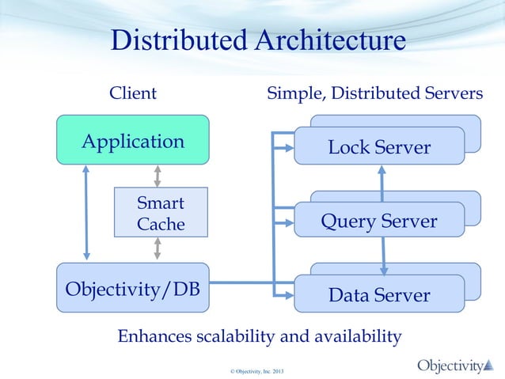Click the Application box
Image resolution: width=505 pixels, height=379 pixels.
pyautogui.click(x=132, y=142)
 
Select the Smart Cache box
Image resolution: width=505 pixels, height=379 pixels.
pyautogui.click(x=161, y=213)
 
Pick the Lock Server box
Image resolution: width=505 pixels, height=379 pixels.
pyautogui.click(x=378, y=146)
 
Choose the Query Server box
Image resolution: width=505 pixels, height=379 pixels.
pyautogui.click(x=378, y=221)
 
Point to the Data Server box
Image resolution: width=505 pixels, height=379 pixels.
pyautogui.click(x=378, y=294)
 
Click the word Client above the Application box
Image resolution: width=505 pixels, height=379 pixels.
pyautogui.click(x=132, y=93)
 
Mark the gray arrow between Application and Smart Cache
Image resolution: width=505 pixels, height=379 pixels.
pyautogui.click(x=158, y=176)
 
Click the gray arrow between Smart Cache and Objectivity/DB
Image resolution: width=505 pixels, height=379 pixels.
pyautogui.click(x=158, y=248)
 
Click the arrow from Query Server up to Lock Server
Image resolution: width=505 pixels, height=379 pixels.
pyautogui.click(x=382, y=184)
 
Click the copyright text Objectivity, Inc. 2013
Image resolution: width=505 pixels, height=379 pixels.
pyautogui.click(x=252, y=370)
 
